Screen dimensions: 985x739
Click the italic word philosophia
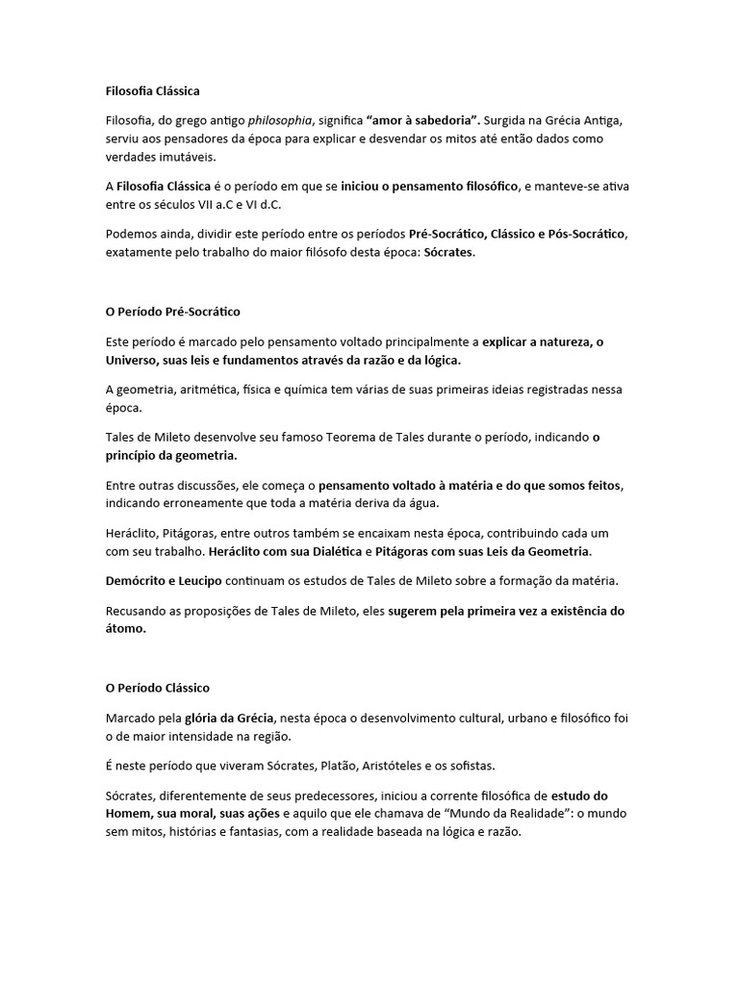click(x=281, y=121)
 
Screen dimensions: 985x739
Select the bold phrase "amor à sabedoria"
click(x=421, y=121)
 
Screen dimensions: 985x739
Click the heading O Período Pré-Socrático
click(x=172, y=313)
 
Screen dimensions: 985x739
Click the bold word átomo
click(x=124, y=628)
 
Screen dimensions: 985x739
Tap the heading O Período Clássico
click(x=157, y=689)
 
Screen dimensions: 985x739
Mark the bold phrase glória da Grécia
click(x=230, y=718)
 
